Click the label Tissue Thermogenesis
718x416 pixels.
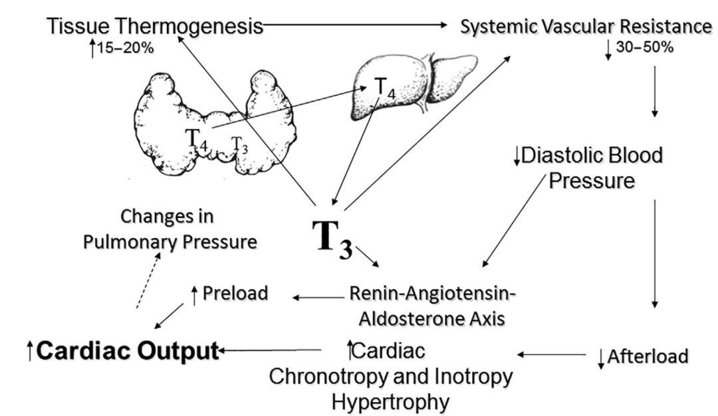click(154, 27)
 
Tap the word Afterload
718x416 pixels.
click(648, 357)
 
